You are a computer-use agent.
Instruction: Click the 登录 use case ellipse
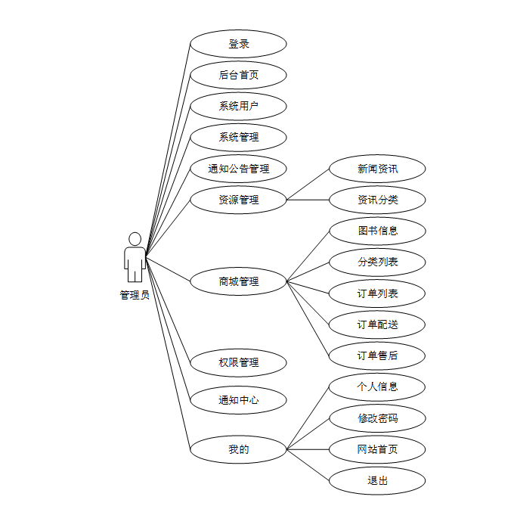[238, 44]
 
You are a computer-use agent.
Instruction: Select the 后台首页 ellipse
[238, 75]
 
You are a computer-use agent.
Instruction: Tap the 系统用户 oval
[238, 106]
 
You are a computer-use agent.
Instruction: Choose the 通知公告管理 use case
[238, 169]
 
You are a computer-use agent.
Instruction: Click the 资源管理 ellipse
[238, 200]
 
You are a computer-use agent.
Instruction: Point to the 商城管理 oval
[238, 281]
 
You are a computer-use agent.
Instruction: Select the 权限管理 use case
[238, 363]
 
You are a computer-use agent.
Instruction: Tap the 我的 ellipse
[238, 449]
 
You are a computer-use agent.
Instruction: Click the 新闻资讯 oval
[377, 169]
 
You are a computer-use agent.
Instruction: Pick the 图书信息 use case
[377, 231]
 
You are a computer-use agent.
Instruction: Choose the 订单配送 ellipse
[377, 324]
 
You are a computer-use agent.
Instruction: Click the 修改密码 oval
[377, 418]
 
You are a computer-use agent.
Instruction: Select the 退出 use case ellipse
[377, 480]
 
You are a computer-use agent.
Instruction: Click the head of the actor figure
[135, 239]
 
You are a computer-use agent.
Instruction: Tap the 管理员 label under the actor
[135, 295]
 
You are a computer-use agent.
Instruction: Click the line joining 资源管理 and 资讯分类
[308, 200]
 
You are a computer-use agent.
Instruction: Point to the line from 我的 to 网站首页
[308, 449]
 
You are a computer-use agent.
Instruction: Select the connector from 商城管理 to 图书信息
[308, 256]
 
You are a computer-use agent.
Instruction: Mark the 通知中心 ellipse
[238, 400]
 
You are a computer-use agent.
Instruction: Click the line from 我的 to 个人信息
[308, 418]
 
